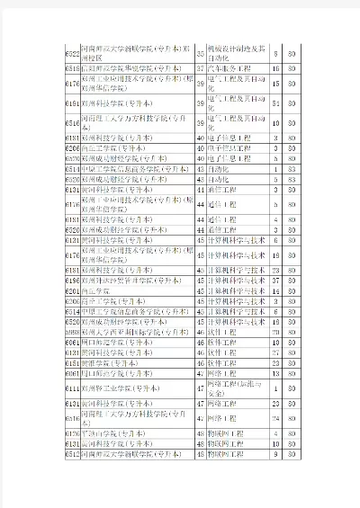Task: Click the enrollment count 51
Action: tap(275, 104)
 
